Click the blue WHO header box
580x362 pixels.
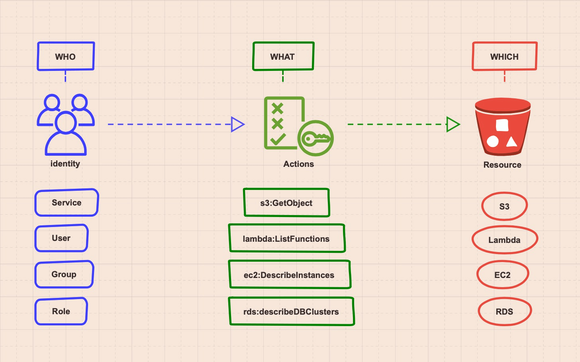tap(66, 57)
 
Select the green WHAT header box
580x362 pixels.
tap(283, 57)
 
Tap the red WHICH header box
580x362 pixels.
tap(504, 57)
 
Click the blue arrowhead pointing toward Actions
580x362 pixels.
tap(237, 124)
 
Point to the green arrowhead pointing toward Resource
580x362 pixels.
tap(453, 124)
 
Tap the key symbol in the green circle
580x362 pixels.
tap(315, 139)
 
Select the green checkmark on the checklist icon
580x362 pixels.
tap(278, 139)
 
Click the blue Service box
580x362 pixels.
tap(67, 203)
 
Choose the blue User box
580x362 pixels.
tap(61, 238)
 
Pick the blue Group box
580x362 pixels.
tap(64, 274)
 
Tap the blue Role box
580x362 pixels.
tap(61, 311)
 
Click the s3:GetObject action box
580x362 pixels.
tap(286, 203)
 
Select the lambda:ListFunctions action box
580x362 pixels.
tap(287, 239)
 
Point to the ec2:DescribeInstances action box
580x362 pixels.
tap(290, 275)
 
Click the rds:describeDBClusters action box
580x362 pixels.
tap(291, 311)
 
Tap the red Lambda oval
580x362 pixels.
tap(505, 240)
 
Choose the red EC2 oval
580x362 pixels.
tap(503, 275)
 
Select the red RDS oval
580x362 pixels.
tap(504, 311)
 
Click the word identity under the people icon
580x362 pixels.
tap(65, 164)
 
